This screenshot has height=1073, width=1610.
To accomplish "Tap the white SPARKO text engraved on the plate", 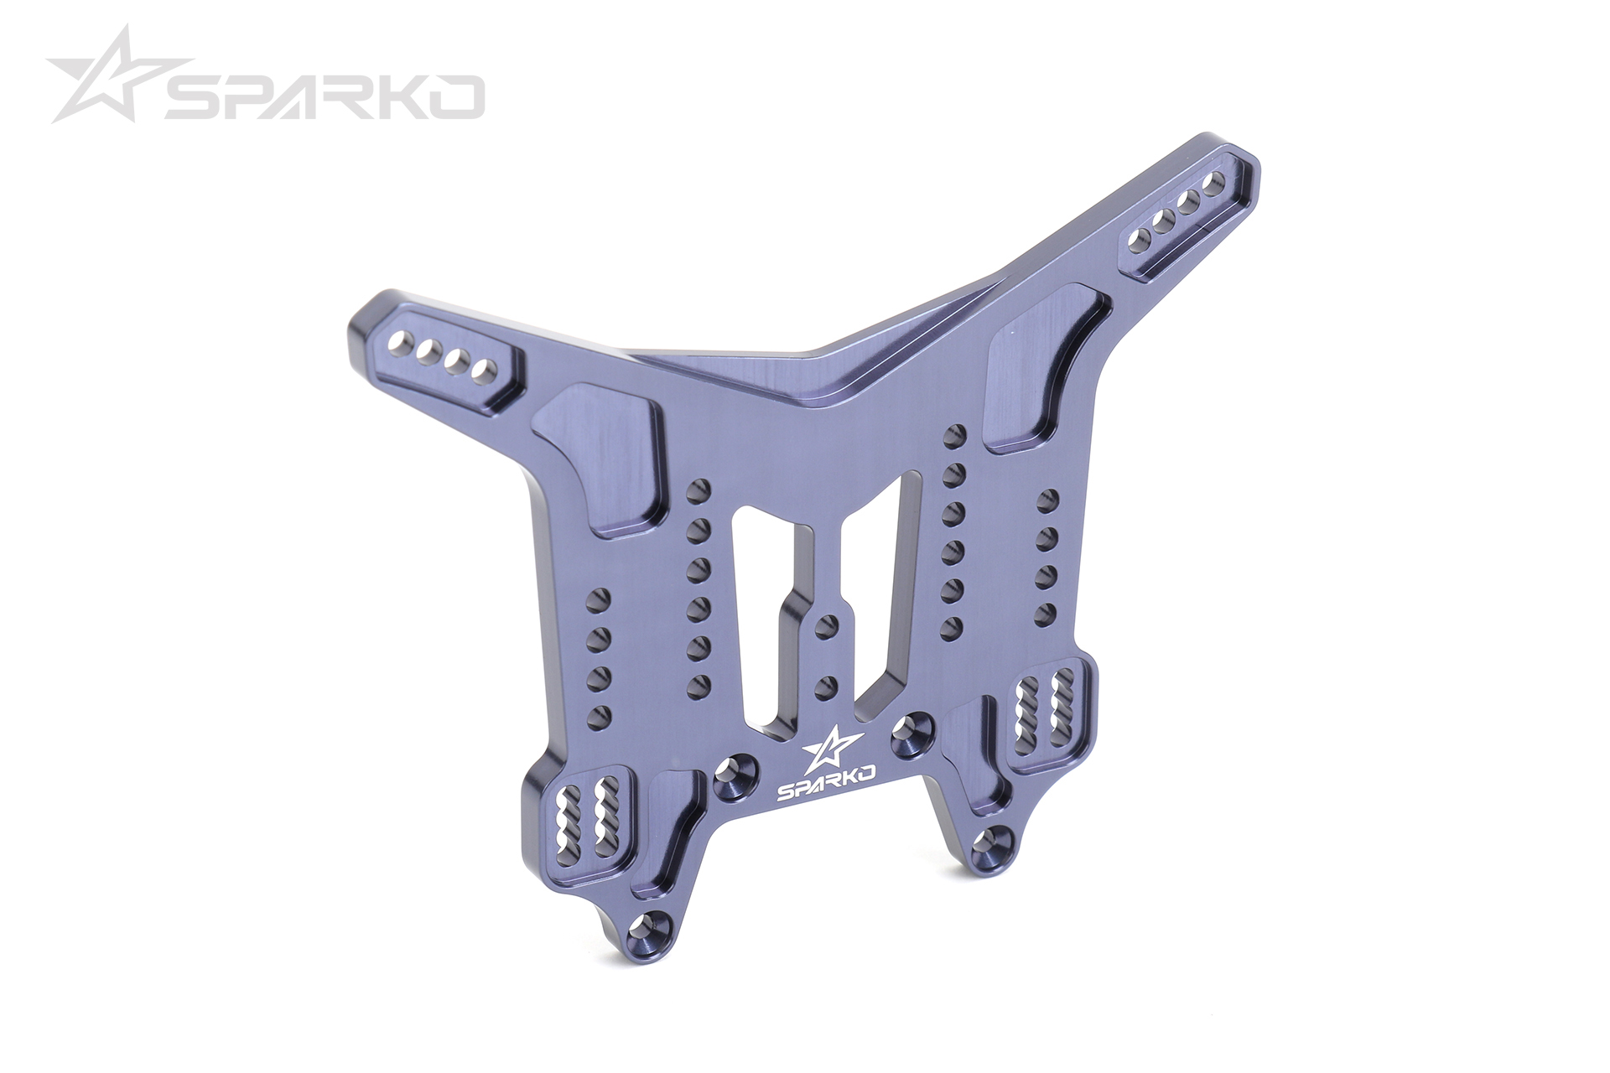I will (x=827, y=793).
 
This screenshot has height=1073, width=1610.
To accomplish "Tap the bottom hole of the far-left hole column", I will (x=596, y=715).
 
